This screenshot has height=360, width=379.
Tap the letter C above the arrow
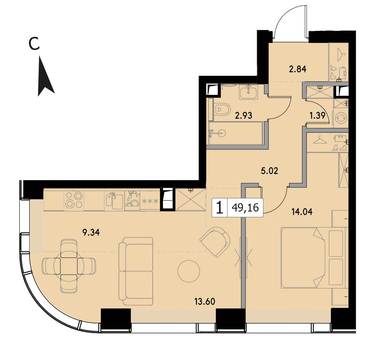point(34,44)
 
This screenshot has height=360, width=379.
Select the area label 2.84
point(297,69)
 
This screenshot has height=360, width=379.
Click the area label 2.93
point(243,116)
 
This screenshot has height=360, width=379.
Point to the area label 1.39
point(317,116)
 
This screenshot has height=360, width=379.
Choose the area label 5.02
point(270,171)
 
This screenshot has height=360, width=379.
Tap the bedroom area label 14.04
point(302,212)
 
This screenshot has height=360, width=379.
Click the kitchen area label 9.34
point(91,232)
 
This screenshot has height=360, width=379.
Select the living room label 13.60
point(205,302)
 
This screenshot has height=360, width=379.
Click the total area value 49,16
point(245,208)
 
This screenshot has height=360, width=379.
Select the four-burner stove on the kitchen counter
point(74,200)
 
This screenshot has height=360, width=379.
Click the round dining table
point(69,266)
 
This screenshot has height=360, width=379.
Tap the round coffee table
point(189,271)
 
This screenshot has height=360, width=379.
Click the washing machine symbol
point(341,118)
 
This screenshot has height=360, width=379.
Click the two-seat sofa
point(136,271)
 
